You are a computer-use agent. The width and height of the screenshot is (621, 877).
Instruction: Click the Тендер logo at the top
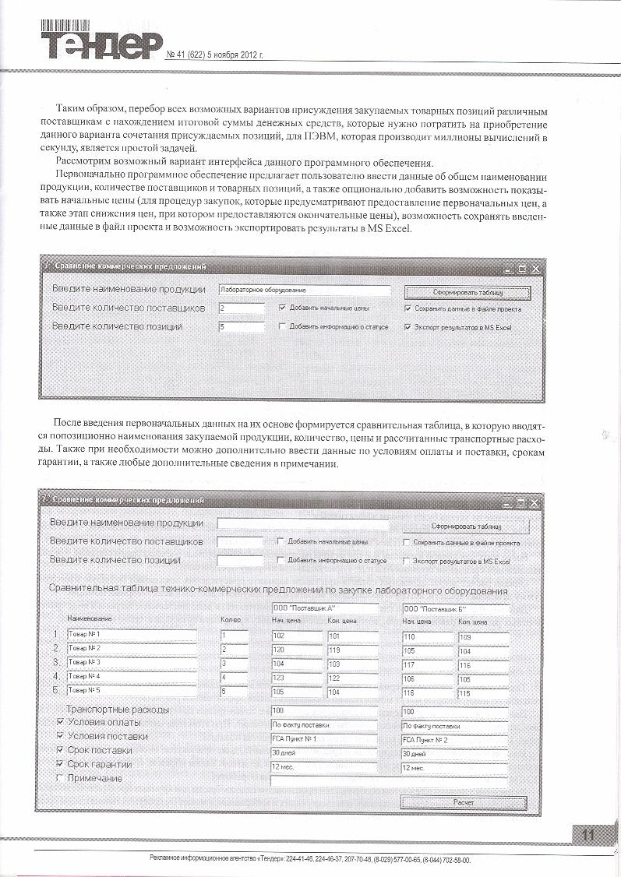[x=102, y=43]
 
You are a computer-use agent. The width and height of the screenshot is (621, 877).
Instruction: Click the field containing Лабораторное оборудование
[x=304, y=290]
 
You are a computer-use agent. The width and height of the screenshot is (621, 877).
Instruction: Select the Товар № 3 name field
[x=131, y=663]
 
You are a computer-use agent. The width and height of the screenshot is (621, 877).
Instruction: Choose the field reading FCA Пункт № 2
[x=454, y=739]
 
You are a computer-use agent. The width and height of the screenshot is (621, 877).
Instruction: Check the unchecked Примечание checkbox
[x=61, y=778]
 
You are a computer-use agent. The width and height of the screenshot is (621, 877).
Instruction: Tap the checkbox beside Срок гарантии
[x=61, y=764]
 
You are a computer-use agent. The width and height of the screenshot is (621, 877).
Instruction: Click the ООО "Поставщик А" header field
[x=324, y=608]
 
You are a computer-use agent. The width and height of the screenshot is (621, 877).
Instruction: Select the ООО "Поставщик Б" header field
[x=455, y=608]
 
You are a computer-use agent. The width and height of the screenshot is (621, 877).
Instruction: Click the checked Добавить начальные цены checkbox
[x=282, y=308]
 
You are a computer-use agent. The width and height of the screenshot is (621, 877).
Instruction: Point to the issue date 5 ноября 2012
[x=235, y=56]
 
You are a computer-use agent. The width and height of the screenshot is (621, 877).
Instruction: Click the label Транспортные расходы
[x=118, y=710]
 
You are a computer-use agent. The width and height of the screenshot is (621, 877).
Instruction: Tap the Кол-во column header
[x=231, y=621]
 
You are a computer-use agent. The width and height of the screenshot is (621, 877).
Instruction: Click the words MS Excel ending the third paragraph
[x=400, y=229]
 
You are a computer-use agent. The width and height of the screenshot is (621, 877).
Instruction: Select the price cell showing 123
[x=296, y=677]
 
